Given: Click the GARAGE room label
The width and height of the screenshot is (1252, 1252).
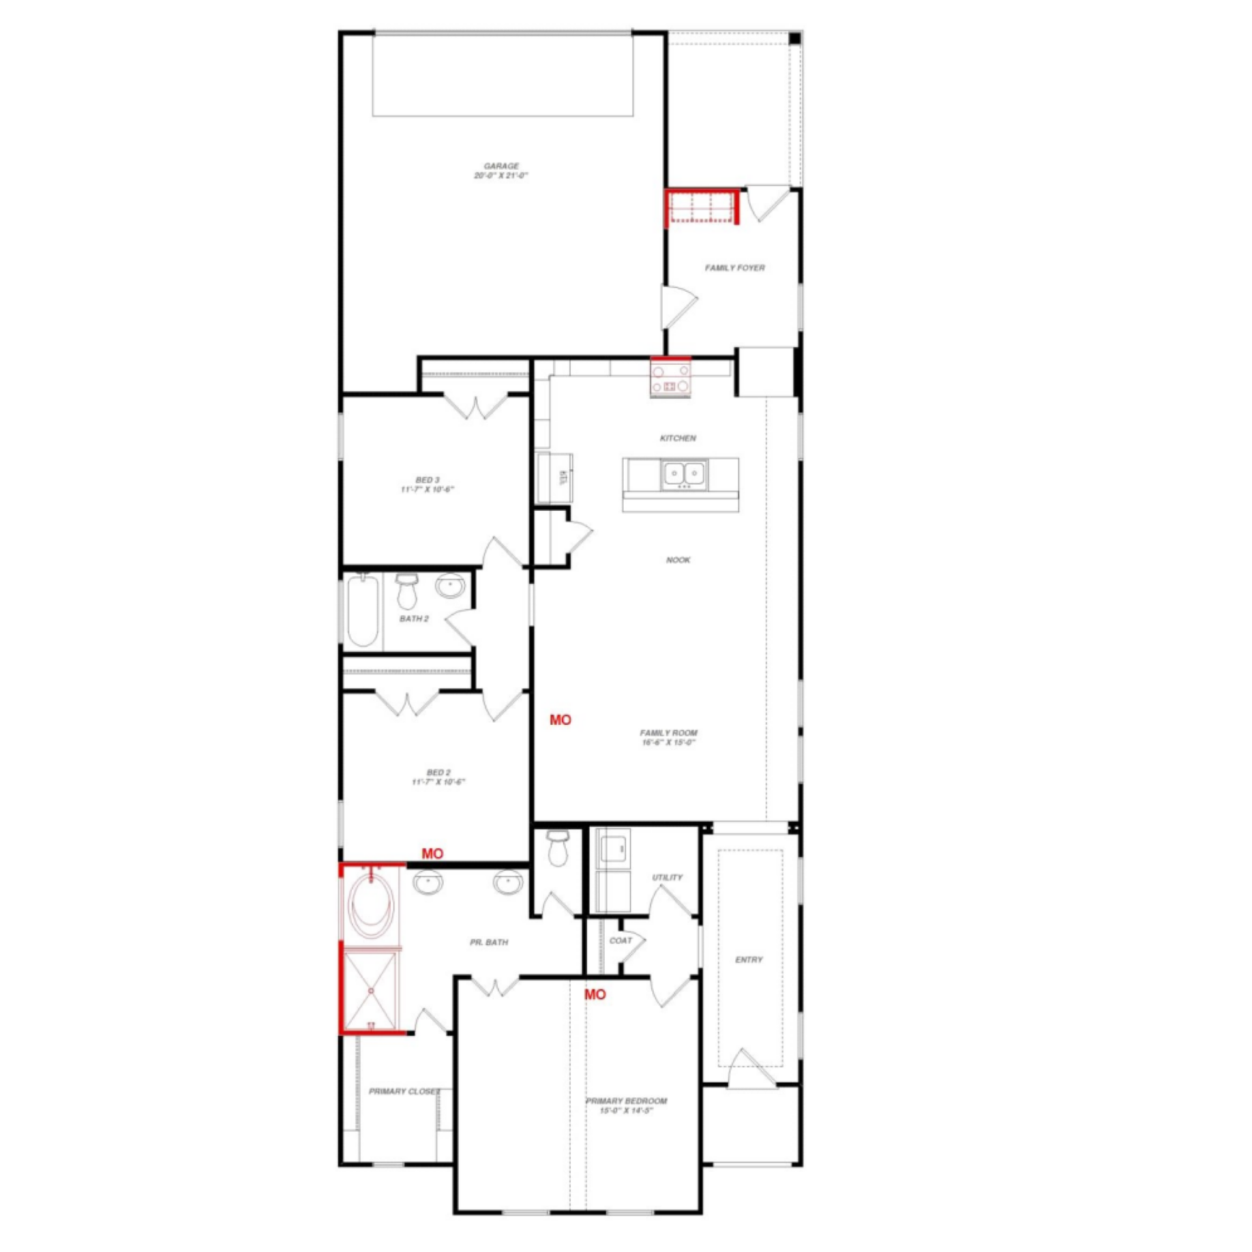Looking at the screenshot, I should pos(501,166).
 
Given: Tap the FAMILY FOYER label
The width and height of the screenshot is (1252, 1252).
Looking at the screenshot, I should pos(734,267).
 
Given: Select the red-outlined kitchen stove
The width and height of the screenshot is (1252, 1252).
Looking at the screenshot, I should pos(671,379).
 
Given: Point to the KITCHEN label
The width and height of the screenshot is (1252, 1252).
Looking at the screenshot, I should pos(678,438).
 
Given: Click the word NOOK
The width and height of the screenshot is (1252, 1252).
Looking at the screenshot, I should pos(678,559).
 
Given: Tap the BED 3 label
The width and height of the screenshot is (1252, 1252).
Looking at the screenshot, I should pos(427,480).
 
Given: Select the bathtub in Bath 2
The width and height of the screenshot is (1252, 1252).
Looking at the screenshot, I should pos(362,610).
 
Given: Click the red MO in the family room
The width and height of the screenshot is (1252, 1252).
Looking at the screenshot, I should pos(560,720).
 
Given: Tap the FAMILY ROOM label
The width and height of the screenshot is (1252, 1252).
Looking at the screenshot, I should pos(668,733).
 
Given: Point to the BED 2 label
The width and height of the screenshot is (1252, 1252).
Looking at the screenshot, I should pos(438,772).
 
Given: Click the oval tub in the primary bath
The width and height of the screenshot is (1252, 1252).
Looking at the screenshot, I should pos(370,904).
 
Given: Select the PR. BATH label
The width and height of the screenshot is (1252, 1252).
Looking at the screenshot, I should pos(488,942).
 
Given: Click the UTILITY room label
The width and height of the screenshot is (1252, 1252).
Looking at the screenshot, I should pos(667,878).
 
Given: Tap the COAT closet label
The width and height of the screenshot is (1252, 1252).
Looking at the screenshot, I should pos(619,940).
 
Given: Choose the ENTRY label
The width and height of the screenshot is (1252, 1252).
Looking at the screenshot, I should pos(748,960).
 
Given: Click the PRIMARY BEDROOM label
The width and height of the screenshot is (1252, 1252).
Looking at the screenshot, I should pos(626,1101).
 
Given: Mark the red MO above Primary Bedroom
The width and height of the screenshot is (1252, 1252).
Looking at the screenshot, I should pos(595,994).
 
